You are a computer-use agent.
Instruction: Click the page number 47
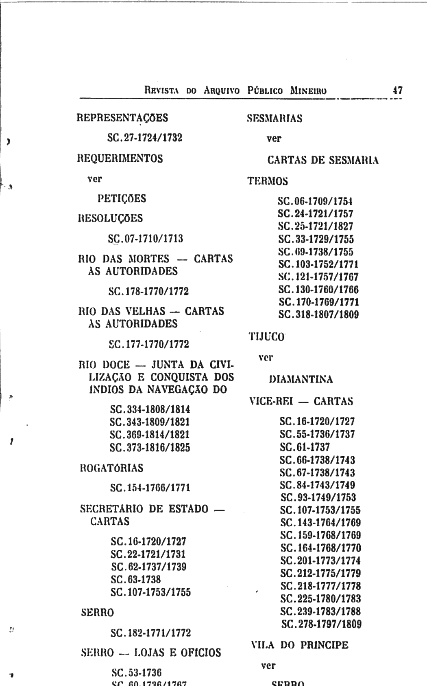point(397,90)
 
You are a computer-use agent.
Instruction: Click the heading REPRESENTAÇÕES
point(122,118)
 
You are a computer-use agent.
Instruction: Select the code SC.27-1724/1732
point(145,138)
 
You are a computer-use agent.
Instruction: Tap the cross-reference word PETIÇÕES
point(122,199)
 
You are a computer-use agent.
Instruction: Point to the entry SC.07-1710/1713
point(146,238)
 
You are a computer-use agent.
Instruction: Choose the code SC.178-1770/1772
point(148,291)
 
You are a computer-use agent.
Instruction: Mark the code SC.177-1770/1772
point(149,344)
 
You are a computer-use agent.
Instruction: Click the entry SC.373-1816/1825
point(150,447)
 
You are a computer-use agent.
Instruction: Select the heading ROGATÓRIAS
point(112,468)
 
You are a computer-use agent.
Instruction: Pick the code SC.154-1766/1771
point(150,488)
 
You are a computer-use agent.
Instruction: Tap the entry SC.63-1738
point(136,579)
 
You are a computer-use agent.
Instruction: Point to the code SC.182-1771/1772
point(150,633)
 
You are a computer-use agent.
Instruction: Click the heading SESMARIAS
point(275,119)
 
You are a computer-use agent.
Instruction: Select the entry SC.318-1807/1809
point(318,314)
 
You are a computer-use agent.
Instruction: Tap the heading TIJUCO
point(267,337)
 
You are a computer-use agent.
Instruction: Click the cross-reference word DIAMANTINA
point(301,380)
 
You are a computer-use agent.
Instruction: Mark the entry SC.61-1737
point(305,447)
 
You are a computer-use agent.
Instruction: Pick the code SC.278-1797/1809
point(321,624)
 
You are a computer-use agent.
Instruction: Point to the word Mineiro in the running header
point(308,90)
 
